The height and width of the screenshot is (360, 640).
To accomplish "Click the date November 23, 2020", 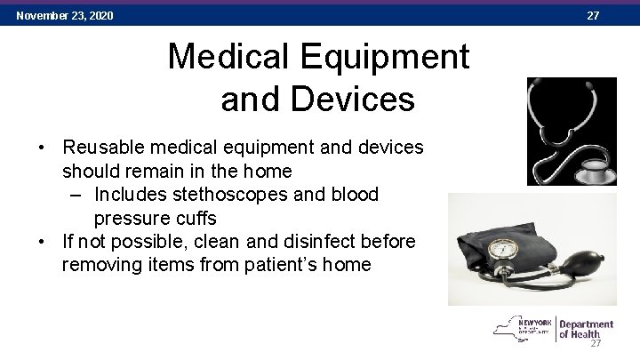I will (x=64, y=15).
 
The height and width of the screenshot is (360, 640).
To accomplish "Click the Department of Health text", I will (x=587, y=329).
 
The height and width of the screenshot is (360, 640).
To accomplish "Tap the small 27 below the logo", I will (x=596, y=345).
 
